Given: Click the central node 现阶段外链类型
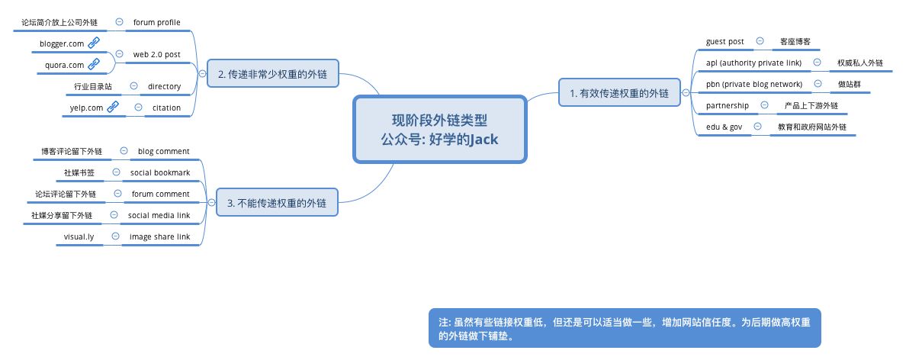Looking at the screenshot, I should click(x=440, y=129).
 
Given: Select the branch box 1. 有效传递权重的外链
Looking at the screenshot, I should click(x=618, y=94).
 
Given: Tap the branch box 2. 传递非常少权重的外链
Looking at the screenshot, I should click(x=272, y=75).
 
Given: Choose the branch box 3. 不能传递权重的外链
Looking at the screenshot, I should click(x=277, y=203).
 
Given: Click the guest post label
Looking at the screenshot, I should click(x=725, y=40).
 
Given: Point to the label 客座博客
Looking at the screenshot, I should click(x=795, y=40).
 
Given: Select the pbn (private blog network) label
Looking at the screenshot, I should click(x=753, y=84).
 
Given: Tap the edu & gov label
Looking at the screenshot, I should click(x=724, y=127).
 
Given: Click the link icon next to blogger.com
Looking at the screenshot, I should click(x=94, y=43).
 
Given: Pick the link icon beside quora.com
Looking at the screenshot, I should click(x=94, y=65).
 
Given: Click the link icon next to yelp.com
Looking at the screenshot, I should click(x=112, y=108).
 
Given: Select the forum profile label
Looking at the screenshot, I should click(x=156, y=22).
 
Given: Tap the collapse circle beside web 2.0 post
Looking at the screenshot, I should click(x=119, y=54).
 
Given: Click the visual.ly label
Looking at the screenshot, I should click(x=79, y=236).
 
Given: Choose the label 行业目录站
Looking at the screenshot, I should click(x=93, y=86).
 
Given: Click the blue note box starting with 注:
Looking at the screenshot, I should click(x=625, y=327).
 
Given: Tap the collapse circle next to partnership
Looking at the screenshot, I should click(x=764, y=105).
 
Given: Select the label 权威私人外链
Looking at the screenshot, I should click(x=859, y=62).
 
